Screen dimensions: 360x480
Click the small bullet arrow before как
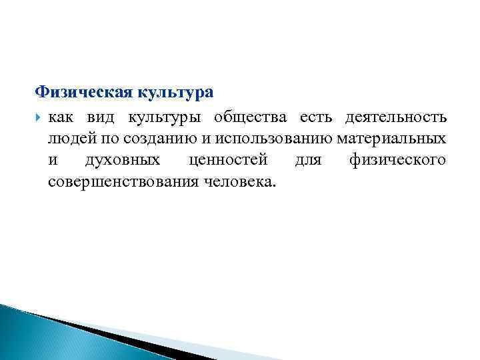click(38, 118)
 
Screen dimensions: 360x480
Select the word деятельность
click(395, 118)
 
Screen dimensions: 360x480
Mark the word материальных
click(391, 139)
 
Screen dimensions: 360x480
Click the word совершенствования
click(121, 182)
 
